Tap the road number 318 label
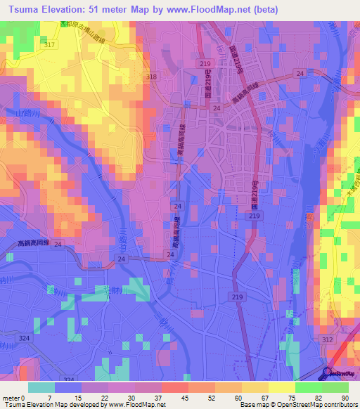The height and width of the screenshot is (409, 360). click(151, 77)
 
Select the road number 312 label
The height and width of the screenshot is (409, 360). click(327, 339)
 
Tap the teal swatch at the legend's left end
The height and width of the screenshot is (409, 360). click(41, 387)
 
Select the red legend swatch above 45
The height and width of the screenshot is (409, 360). click(174, 387)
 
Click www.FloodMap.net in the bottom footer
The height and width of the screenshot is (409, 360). click(136, 405)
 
